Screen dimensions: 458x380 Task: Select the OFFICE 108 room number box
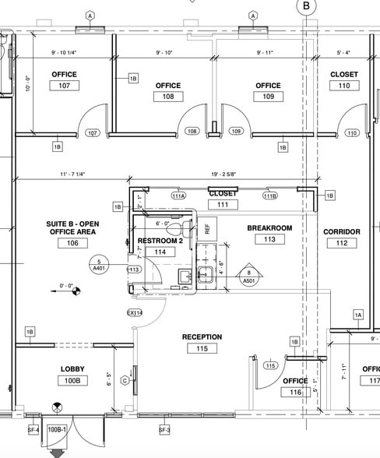point(167,97)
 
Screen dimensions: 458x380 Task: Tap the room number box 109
point(267,97)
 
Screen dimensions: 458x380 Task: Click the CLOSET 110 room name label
point(344,75)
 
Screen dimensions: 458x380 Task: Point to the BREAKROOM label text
point(269,228)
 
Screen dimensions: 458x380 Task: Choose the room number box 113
point(269,240)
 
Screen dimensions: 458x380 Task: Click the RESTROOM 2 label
point(160,241)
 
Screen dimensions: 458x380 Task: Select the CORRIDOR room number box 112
point(341,243)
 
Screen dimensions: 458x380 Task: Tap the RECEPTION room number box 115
point(202,349)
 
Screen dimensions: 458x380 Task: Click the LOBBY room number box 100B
point(72,381)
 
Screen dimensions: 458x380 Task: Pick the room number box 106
point(72,244)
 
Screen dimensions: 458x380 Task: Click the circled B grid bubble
point(306,6)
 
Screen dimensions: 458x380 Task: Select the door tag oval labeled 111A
point(179,196)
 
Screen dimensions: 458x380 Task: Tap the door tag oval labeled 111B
point(269,196)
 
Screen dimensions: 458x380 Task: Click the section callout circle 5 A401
point(98,263)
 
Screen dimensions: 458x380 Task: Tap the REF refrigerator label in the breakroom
point(207,228)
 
